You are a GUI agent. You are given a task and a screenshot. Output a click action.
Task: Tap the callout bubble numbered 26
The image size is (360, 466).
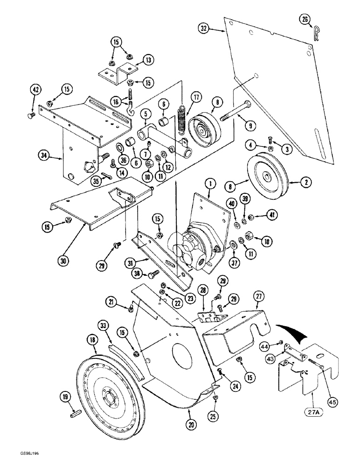tap(305, 19)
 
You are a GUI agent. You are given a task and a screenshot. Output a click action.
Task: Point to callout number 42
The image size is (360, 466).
tap(35, 89)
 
